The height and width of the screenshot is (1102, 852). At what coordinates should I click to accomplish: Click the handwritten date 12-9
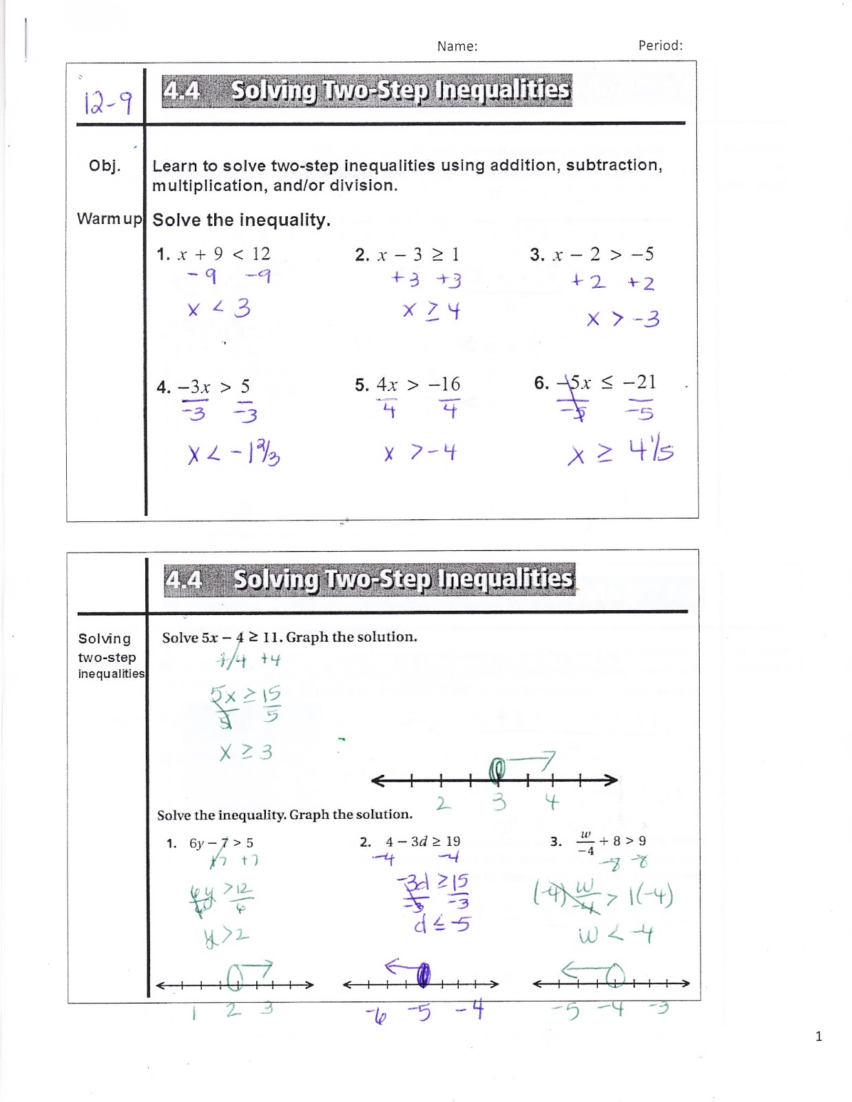pos(107,103)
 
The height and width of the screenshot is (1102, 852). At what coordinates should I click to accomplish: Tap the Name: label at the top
pos(457,46)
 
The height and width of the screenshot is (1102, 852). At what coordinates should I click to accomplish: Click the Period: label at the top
pos(660,45)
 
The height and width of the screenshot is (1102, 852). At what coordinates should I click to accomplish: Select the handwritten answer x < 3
pos(218,309)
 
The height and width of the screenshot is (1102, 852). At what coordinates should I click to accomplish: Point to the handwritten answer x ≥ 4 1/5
pos(620,452)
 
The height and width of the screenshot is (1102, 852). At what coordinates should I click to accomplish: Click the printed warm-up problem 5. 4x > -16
pos(408,384)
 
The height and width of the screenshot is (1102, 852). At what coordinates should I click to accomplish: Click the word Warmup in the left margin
pos(109,219)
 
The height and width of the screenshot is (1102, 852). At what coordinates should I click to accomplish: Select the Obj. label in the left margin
pos(105,166)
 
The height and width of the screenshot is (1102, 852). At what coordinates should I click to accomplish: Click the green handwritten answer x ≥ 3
pos(246,751)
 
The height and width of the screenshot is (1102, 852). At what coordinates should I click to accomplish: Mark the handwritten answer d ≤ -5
pos(441,924)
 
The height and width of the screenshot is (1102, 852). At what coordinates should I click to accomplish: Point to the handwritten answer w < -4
pos(615,935)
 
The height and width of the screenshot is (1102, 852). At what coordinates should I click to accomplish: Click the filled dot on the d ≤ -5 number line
pos(424,975)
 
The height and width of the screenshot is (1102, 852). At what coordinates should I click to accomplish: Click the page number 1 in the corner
pos(818,1036)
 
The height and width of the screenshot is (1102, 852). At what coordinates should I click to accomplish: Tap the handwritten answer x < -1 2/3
pos(233,453)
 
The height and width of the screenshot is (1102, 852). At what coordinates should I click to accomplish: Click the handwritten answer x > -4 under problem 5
pos(420,453)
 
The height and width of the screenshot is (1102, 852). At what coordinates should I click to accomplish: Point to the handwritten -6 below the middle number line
pos(376,1014)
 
